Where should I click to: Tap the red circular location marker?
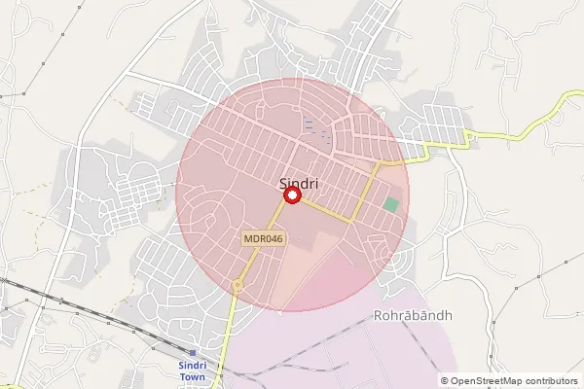pyautogui.click(x=291, y=196)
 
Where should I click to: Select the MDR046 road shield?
pyautogui.click(x=263, y=237)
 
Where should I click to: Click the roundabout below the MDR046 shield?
pyautogui.click(x=237, y=284)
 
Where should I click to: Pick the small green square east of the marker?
pyautogui.click(x=391, y=204)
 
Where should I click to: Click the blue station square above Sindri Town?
pyautogui.click(x=193, y=352)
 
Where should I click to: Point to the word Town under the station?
pyautogui.click(x=193, y=376)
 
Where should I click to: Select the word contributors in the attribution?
pyautogui.click(x=551, y=381)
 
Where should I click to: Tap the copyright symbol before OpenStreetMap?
pyautogui.click(x=445, y=381)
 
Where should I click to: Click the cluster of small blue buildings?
pyautogui.click(x=313, y=126)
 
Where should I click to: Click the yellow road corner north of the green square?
pyautogui.click(x=383, y=164)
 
